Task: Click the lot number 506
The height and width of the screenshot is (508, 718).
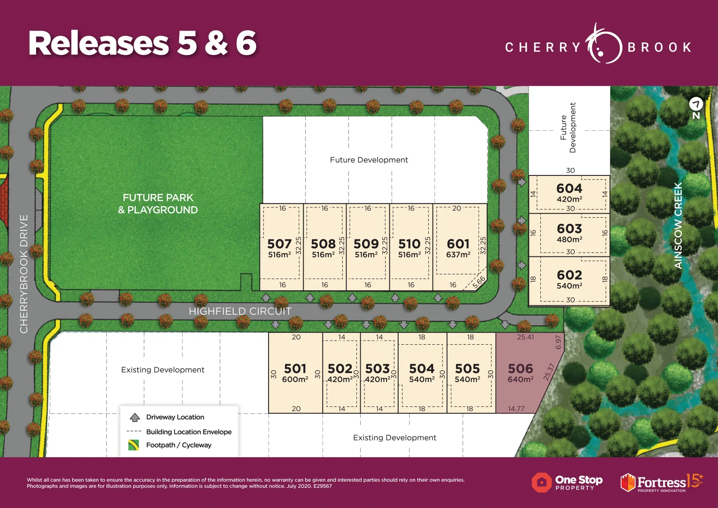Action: pyautogui.click(x=521, y=369)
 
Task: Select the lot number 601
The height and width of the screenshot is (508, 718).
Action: pyautogui.click(x=458, y=244)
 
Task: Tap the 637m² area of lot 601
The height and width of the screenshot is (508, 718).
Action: pyautogui.click(x=458, y=255)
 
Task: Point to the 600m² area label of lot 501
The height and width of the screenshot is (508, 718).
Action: pyautogui.click(x=295, y=380)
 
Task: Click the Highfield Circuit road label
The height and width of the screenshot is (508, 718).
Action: pyautogui.click(x=240, y=311)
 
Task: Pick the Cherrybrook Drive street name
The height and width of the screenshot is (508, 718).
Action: pyautogui.click(x=24, y=274)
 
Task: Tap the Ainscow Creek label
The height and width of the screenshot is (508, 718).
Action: pyautogui.click(x=678, y=226)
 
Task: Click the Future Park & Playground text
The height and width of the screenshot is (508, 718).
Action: pyautogui.click(x=158, y=204)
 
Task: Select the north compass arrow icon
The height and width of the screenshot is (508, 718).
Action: pyautogui.click(x=696, y=104)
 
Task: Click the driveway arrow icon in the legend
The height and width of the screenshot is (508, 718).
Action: pyautogui.click(x=135, y=417)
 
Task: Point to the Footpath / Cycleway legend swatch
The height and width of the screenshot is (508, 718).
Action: pyautogui.click(x=134, y=445)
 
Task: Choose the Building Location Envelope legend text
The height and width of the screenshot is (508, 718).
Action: pyautogui.click(x=189, y=432)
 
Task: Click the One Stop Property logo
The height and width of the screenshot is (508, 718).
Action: pyautogui.click(x=567, y=483)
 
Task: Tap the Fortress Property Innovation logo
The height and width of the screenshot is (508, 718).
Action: pyautogui.click(x=661, y=482)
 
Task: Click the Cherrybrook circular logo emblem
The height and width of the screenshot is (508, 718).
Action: pyautogui.click(x=603, y=46)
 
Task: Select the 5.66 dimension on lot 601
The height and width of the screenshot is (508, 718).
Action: pyautogui.click(x=479, y=282)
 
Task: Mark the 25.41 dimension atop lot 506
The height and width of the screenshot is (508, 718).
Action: pyautogui.click(x=525, y=337)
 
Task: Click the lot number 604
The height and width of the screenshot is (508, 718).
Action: pyautogui.click(x=569, y=189)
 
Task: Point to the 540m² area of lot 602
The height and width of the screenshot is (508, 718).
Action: pyautogui.click(x=569, y=286)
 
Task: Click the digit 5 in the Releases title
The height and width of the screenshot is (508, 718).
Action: pyautogui.click(x=187, y=43)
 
